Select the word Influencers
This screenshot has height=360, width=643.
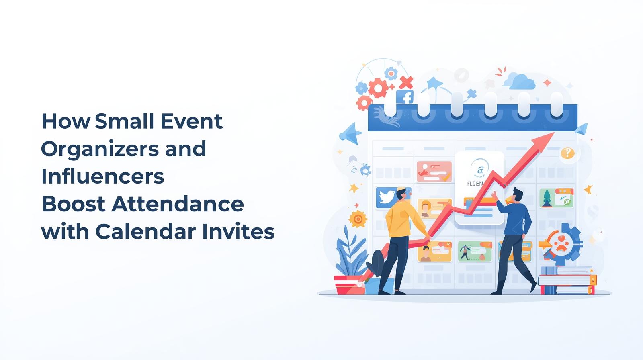(x=102, y=176)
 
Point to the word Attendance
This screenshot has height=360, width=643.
(x=177, y=204)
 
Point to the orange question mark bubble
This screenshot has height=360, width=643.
(x=567, y=153)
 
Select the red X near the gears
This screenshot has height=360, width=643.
(x=406, y=82)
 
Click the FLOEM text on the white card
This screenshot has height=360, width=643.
(x=475, y=184)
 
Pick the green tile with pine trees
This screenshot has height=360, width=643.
(x=556, y=198)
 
